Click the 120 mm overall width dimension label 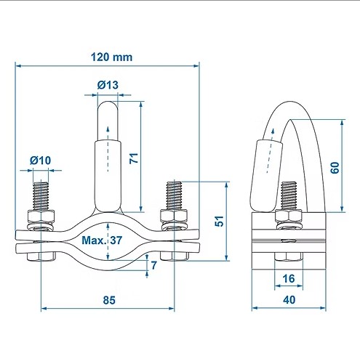point(111,57)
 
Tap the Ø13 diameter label point(108,85)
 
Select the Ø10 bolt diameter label point(40,161)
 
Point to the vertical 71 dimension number point(134,158)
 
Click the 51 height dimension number point(220,221)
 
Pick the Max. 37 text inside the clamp point(102,240)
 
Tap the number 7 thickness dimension point(154,265)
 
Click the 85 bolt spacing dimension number point(109,300)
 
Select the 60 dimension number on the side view point(335,168)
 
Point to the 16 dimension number point(289,278)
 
